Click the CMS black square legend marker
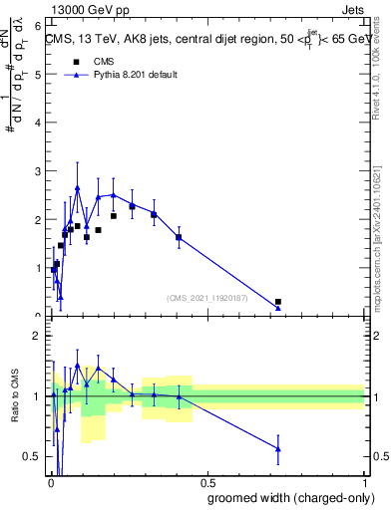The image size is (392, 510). pyautogui.click(x=76, y=62)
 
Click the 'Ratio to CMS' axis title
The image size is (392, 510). pyautogui.click(x=14, y=397)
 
